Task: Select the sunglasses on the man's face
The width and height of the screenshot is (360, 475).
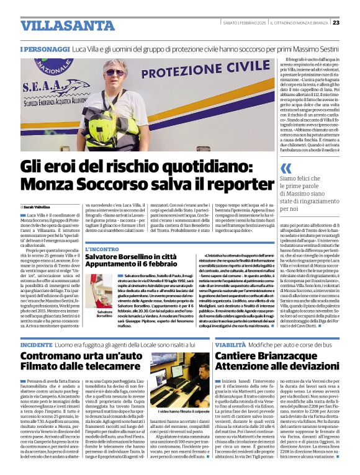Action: (x=115, y=73)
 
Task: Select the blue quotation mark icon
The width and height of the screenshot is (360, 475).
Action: (x=286, y=168)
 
